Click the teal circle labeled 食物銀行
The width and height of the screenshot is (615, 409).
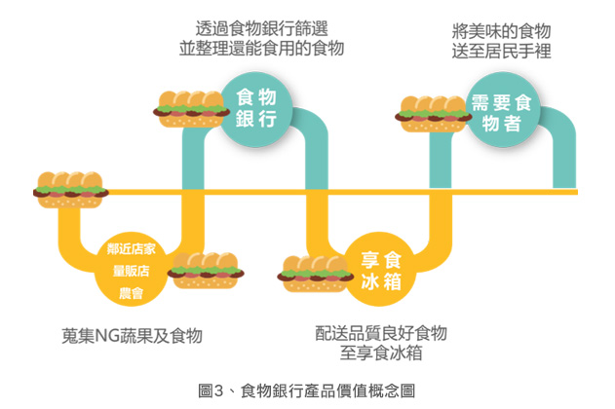click(257, 107)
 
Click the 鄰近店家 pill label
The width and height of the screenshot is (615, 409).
click(133, 248)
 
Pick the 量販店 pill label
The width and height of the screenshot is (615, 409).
click(133, 270)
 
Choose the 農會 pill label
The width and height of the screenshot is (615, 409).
click(133, 291)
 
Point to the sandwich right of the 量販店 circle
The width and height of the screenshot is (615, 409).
click(204, 270)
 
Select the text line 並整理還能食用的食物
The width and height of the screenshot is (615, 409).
click(261, 48)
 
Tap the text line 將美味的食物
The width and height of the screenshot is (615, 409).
click(502, 30)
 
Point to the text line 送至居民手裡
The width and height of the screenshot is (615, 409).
click(502, 52)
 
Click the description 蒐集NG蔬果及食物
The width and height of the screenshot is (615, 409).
click(132, 336)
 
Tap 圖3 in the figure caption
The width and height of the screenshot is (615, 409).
click(211, 390)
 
